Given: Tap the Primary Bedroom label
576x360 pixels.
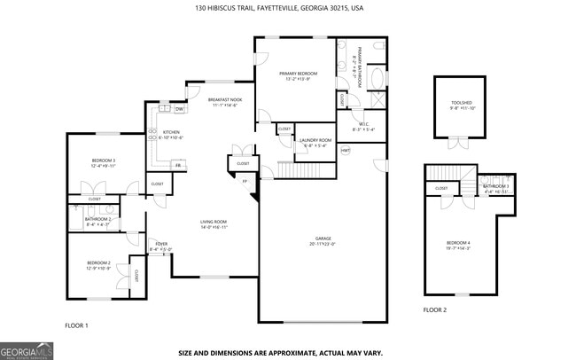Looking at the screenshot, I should click(x=298, y=75).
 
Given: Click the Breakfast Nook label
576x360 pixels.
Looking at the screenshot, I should click(x=224, y=102).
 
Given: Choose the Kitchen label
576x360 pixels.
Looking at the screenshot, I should click(x=171, y=135).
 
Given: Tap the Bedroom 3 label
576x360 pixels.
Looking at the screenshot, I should click(x=104, y=162).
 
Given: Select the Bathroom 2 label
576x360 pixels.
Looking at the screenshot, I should click(x=97, y=222).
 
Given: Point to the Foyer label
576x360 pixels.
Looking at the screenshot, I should click(x=161, y=247).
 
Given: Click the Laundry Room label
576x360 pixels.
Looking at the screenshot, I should click(x=315, y=142).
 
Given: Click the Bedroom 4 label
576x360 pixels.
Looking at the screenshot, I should click(x=458, y=245).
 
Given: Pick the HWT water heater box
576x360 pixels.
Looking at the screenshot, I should click(x=346, y=151).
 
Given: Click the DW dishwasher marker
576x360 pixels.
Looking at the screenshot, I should click(x=179, y=109).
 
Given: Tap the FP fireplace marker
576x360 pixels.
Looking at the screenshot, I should click(x=245, y=182).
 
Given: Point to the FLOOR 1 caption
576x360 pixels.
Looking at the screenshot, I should click(x=77, y=326).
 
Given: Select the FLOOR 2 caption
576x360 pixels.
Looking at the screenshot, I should click(x=435, y=310).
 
